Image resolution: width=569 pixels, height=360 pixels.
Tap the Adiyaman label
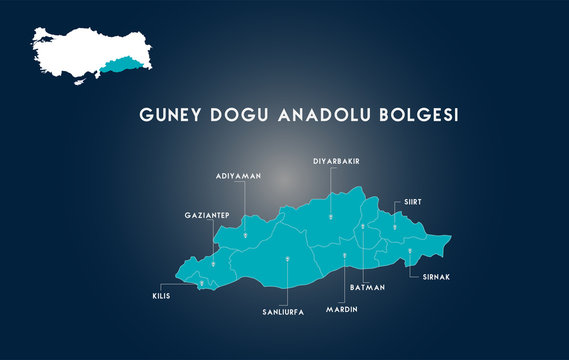click(x=238, y=176)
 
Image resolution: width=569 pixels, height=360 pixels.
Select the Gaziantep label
click(x=207, y=215)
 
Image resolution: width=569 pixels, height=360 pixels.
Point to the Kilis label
click(x=161, y=297)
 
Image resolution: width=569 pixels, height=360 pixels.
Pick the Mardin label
click(x=341, y=310)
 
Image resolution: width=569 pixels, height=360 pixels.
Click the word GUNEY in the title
click(x=170, y=116)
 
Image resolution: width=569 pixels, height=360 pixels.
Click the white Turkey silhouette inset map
click(x=75, y=52)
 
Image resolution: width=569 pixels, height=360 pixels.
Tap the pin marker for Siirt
click(x=395, y=227)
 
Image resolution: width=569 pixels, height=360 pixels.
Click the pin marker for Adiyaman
click(x=245, y=236)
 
